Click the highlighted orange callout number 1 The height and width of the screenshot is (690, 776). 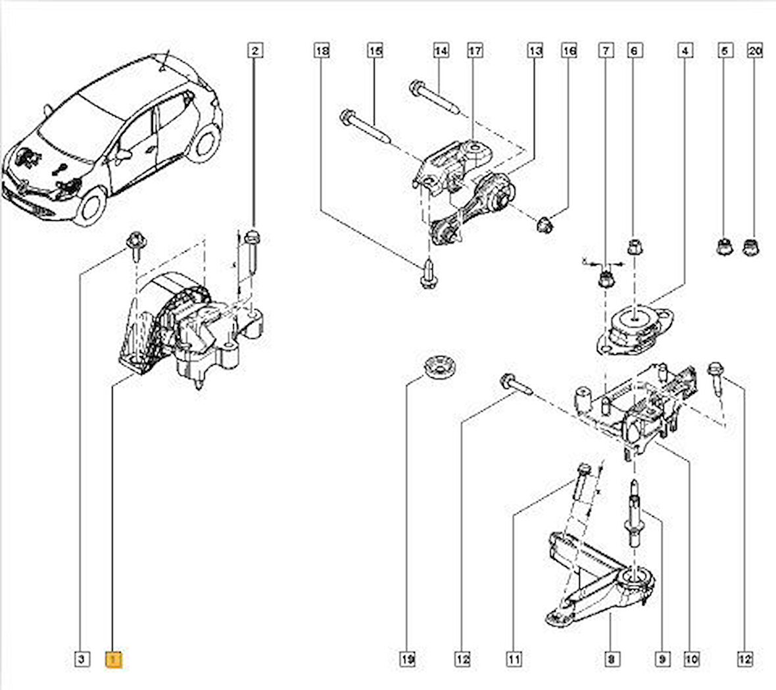(114, 658)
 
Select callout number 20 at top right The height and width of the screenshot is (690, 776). (755, 50)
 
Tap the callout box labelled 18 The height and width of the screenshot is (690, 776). (321, 50)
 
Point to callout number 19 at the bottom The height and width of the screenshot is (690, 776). (408, 658)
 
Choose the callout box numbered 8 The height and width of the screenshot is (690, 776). (611, 658)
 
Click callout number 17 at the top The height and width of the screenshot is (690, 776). (475, 50)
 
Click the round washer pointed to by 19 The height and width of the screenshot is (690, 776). (434, 366)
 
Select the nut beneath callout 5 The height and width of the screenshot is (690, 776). (723, 248)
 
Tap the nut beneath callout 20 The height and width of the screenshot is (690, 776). (750, 248)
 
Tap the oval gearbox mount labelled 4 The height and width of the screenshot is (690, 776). (632, 326)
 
